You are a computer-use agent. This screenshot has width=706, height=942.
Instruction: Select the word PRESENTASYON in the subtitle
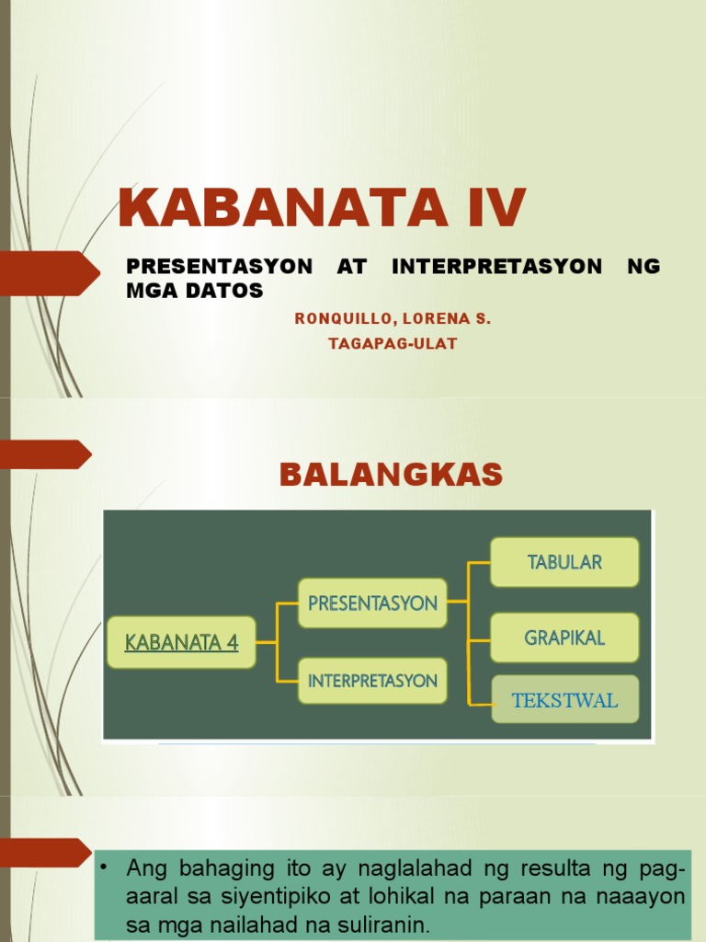click(x=219, y=267)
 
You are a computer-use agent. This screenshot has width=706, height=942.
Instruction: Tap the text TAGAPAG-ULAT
click(x=393, y=344)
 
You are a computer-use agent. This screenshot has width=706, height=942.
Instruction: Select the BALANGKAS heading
click(x=391, y=475)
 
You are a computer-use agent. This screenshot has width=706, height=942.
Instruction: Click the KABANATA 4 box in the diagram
click(x=182, y=642)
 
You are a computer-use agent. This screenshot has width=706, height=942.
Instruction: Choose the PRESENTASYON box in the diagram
click(x=372, y=603)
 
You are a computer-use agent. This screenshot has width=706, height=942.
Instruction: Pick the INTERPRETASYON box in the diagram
click(x=372, y=681)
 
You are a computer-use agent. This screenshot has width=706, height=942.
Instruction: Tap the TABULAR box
click(x=564, y=562)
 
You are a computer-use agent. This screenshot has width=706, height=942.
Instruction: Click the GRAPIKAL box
click(x=564, y=638)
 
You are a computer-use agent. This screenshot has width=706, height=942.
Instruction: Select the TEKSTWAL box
click(x=564, y=700)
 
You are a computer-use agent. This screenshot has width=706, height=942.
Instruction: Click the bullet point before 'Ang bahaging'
click(x=107, y=868)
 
